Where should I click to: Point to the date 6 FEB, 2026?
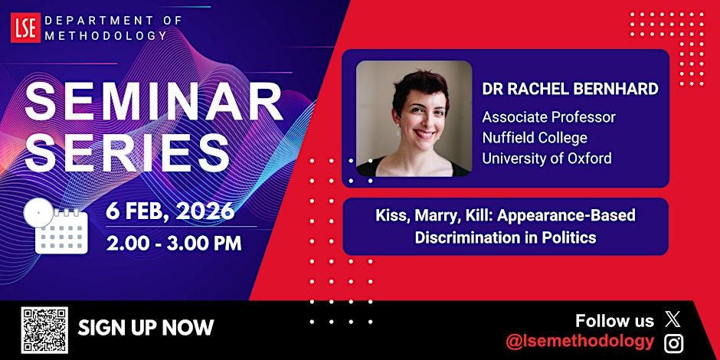pyautogui.click(x=171, y=211)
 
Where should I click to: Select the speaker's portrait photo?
pyautogui.click(x=414, y=119)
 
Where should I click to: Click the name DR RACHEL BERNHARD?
pyautogui.click(x=570, y=89)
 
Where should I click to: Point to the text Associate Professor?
pyautogui.click(x=548, y=118)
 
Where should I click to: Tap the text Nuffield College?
pyautogui.click(x=535, y=139)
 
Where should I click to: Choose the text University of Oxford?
pyautogui.click(x=547, y=159)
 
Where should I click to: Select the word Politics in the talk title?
pyautogui.click(x=568, y=237)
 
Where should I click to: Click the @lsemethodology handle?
pyautogui.click(x=581, y=342)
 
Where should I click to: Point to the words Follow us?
pyautogui.click(x=614, y=321)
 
